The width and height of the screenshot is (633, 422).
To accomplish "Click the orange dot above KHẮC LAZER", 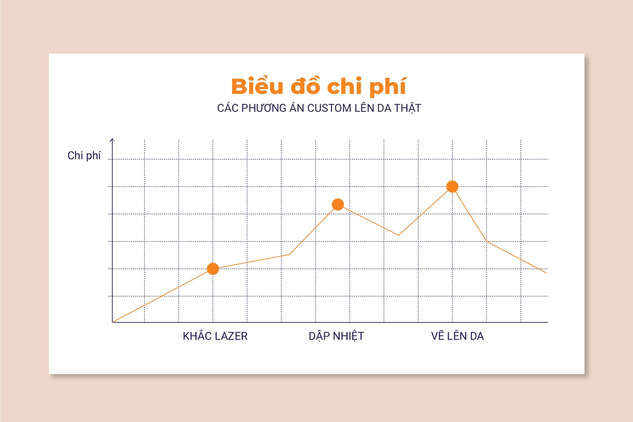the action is (x=213, y=269).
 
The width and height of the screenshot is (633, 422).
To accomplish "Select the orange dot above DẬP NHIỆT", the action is (x=338, y=205).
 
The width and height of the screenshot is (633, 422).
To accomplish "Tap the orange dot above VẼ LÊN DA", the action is (x=452, y=186).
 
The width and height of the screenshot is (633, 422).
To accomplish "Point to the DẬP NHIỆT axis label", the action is (x=336, y=336).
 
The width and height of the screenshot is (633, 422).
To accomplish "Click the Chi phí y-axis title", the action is (x=84, y=156).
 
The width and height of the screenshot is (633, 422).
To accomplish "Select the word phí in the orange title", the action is (x=388, y=87).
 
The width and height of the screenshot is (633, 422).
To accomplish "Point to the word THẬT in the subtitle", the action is (x=408, y=108).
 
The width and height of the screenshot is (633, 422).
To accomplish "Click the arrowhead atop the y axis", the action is (x=112, y=140).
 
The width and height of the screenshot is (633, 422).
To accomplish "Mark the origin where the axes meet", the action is (x=112, y=322).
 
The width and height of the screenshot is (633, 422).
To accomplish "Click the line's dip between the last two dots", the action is (x=399, y=235).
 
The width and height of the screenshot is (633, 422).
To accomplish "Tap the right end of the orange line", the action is (x=546, y=273).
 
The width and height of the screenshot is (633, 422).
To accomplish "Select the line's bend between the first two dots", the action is (x=290, y=255).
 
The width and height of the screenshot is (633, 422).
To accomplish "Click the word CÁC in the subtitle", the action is (x=228, y=108).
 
